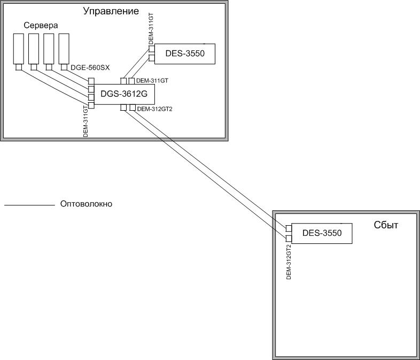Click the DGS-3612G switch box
120,95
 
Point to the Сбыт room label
386,225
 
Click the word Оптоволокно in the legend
87,204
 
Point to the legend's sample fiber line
30,205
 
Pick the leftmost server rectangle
19,49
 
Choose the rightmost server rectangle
64,49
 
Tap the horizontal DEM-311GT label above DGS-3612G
153,81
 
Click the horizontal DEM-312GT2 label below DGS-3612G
154,109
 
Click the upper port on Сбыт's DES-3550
289,228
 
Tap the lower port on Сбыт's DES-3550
289,238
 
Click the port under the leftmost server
19,67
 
